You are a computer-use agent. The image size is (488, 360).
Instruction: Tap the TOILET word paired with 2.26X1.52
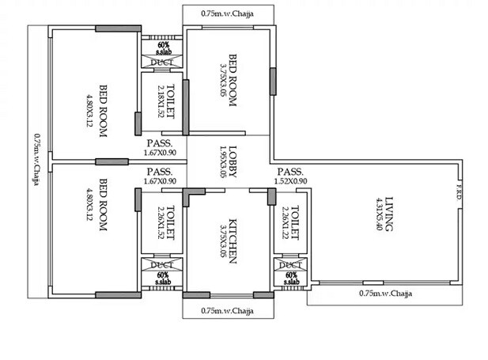tap(171, 225)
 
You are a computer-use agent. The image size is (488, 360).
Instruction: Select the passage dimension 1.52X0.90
tap(291, 181)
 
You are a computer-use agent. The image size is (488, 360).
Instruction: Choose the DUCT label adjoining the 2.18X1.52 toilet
tap(162, 61)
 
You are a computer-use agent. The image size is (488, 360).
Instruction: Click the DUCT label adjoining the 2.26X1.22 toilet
tap(291, 264)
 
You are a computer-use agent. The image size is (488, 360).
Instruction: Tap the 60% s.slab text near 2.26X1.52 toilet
tap(162, 278)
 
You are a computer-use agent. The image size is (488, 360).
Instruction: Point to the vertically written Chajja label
tap(36, 159)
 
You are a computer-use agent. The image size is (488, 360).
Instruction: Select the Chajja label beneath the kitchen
tap(228, 310)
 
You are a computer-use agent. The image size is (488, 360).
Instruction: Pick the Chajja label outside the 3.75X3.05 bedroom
tap(228, 13)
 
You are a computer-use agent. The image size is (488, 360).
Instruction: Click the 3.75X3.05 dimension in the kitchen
tap(223, 239)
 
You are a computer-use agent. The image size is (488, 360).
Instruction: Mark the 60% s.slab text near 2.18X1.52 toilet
tap(162, 47)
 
